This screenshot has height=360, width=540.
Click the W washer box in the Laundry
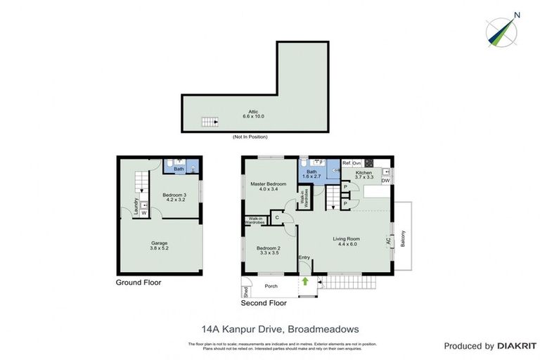click(x=144, y=212)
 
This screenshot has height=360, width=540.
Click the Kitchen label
click(x=364, y=174)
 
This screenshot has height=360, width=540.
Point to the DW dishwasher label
click(x=385, y=181)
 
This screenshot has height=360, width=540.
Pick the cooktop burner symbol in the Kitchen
click(x=368, y=163)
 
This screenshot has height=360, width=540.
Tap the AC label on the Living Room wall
click(x=388, y=240)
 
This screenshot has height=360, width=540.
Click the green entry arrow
click(x=306, y=281)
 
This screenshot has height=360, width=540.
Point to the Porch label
click(x=271, y=286)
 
